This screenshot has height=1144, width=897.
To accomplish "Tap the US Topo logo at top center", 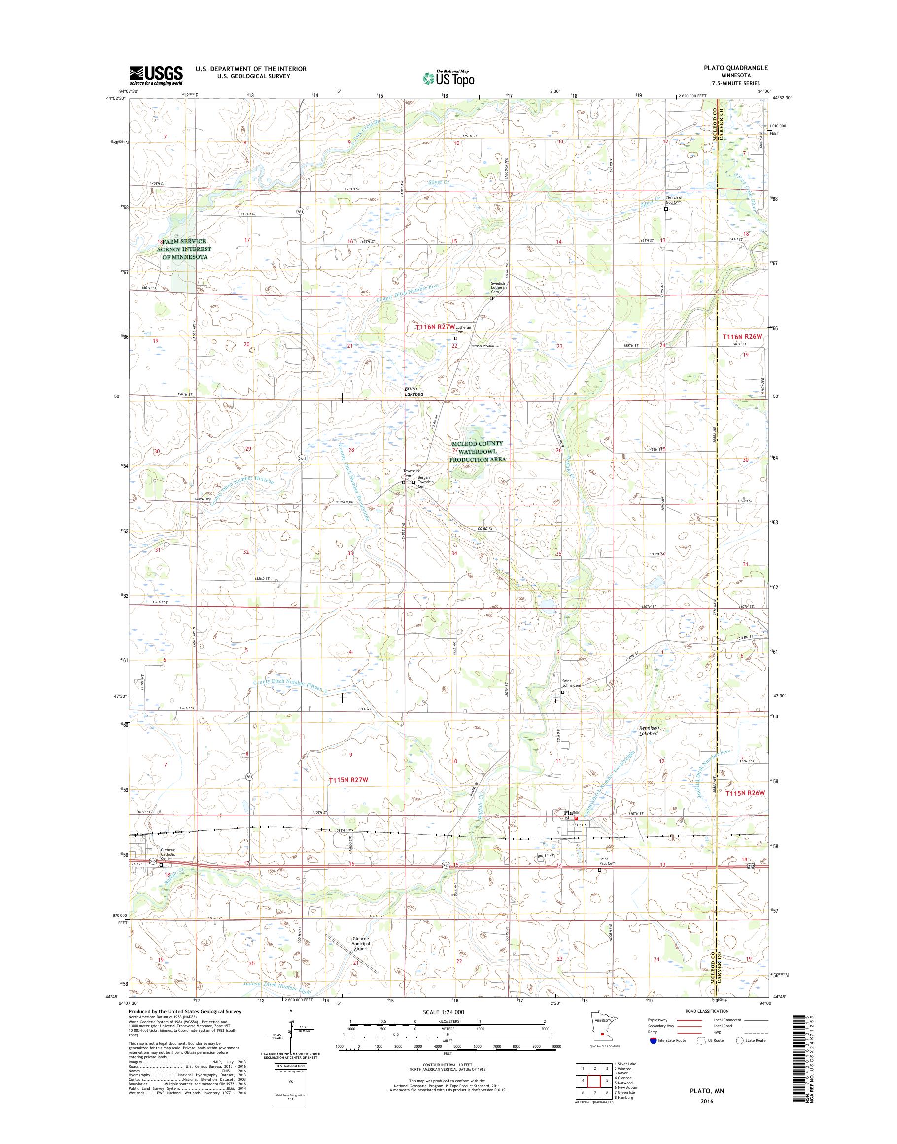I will tap(448, 78).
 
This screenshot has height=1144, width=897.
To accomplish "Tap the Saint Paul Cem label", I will tap(607, 863).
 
